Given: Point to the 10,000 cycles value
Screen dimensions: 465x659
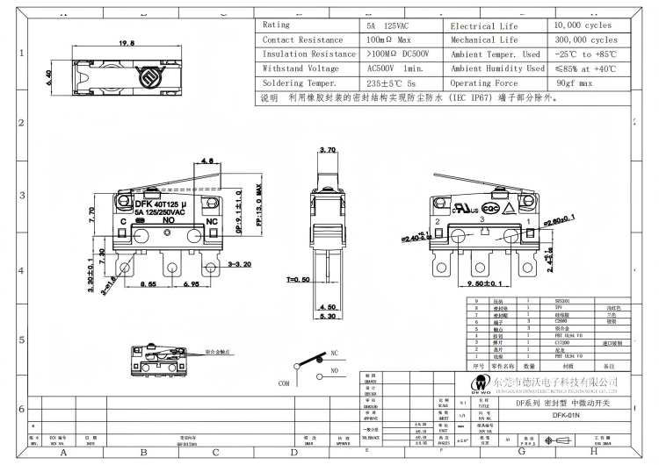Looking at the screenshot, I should pos(583,25).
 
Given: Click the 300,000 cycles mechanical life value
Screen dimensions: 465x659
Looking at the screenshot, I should pos(586,39).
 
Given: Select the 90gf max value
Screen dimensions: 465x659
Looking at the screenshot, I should pos(576,82).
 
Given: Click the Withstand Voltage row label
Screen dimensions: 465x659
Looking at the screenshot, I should pos(301,68).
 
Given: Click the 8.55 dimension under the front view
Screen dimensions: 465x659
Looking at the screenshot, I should pos(147,285).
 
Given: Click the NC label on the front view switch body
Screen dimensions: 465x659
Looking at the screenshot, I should pos(211,222).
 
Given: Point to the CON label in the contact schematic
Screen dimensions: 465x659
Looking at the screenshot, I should pos(284,383).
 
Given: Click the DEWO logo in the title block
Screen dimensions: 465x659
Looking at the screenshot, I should pos(506,384).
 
